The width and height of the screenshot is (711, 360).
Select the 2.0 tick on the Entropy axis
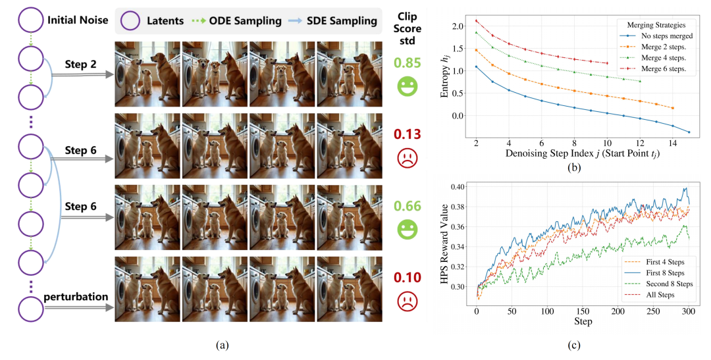(x=460, y=26)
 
